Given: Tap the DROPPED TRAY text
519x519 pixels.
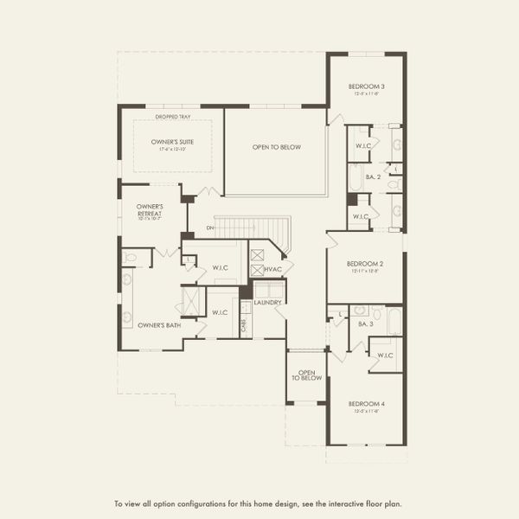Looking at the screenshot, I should tap(173, 117).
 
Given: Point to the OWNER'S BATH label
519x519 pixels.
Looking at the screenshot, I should tap(159, 325).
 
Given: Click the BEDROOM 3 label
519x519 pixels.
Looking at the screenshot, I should tap(366, 86).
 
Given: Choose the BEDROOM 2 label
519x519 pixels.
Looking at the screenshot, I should tap(365, 264).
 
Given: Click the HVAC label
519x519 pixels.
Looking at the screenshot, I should tap(274, 270).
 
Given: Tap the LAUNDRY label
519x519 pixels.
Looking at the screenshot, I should tap(268, 302).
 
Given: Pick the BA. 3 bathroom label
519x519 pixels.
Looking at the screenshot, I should tap(365, 324).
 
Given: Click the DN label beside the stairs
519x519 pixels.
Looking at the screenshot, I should tap(210, 228).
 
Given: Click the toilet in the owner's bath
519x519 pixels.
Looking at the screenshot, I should tap(130, 257).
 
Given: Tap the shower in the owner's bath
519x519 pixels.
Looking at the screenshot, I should tap(191, 301).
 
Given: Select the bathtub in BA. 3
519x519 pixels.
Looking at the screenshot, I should tap(394, 321).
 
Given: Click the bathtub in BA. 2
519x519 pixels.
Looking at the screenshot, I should tap(356, 177).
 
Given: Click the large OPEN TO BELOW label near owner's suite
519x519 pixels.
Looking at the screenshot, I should tap(276, 148).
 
